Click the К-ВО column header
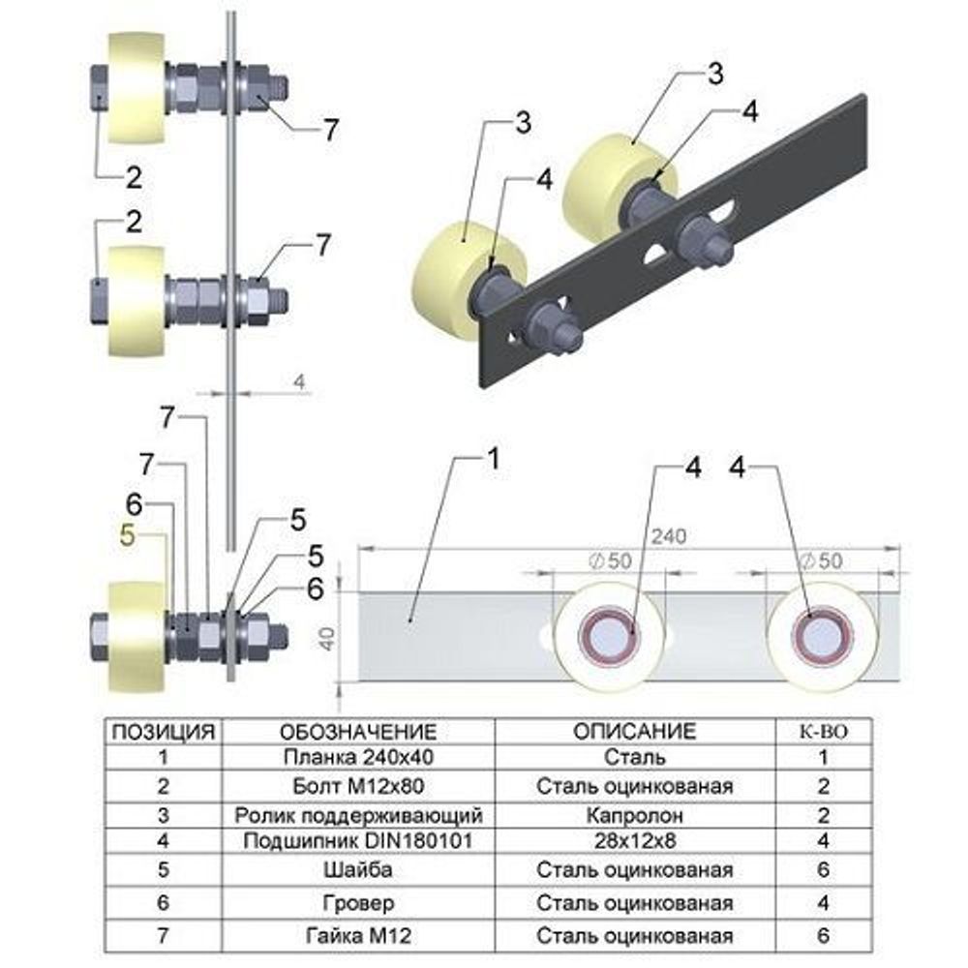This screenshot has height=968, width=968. [823, 730]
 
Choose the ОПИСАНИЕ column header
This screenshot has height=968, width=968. [634, 730]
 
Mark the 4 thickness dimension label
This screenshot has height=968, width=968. [299, 382]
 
